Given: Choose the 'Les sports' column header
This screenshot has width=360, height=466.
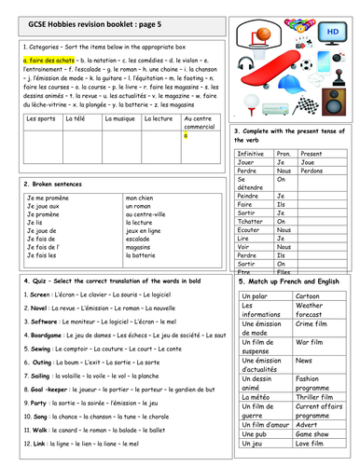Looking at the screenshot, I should click(x=41, y=118).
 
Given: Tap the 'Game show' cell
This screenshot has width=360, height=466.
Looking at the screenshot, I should click(x=315, y=433).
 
